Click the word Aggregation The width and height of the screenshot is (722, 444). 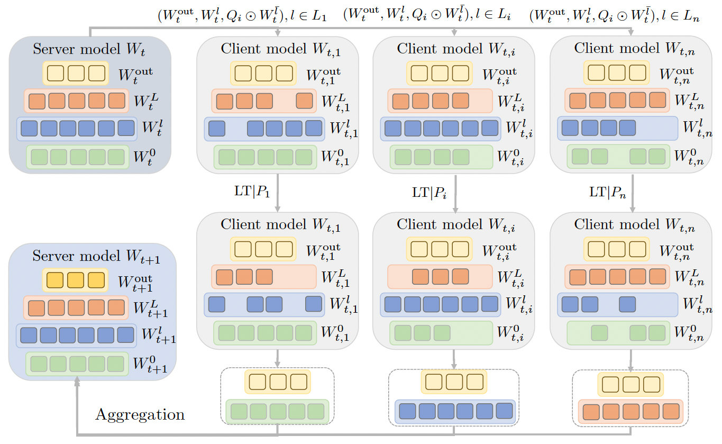coord(140,414)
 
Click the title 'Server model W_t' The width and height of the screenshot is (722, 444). coord(89,50)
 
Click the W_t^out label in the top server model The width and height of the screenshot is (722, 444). coord(134,74)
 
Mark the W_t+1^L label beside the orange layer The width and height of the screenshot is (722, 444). coord(150,309)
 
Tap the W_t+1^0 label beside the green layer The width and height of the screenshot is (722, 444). coord(150,365)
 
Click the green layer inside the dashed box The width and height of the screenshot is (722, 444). coord(277,411)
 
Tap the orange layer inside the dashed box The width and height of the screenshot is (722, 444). coord(630,411)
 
